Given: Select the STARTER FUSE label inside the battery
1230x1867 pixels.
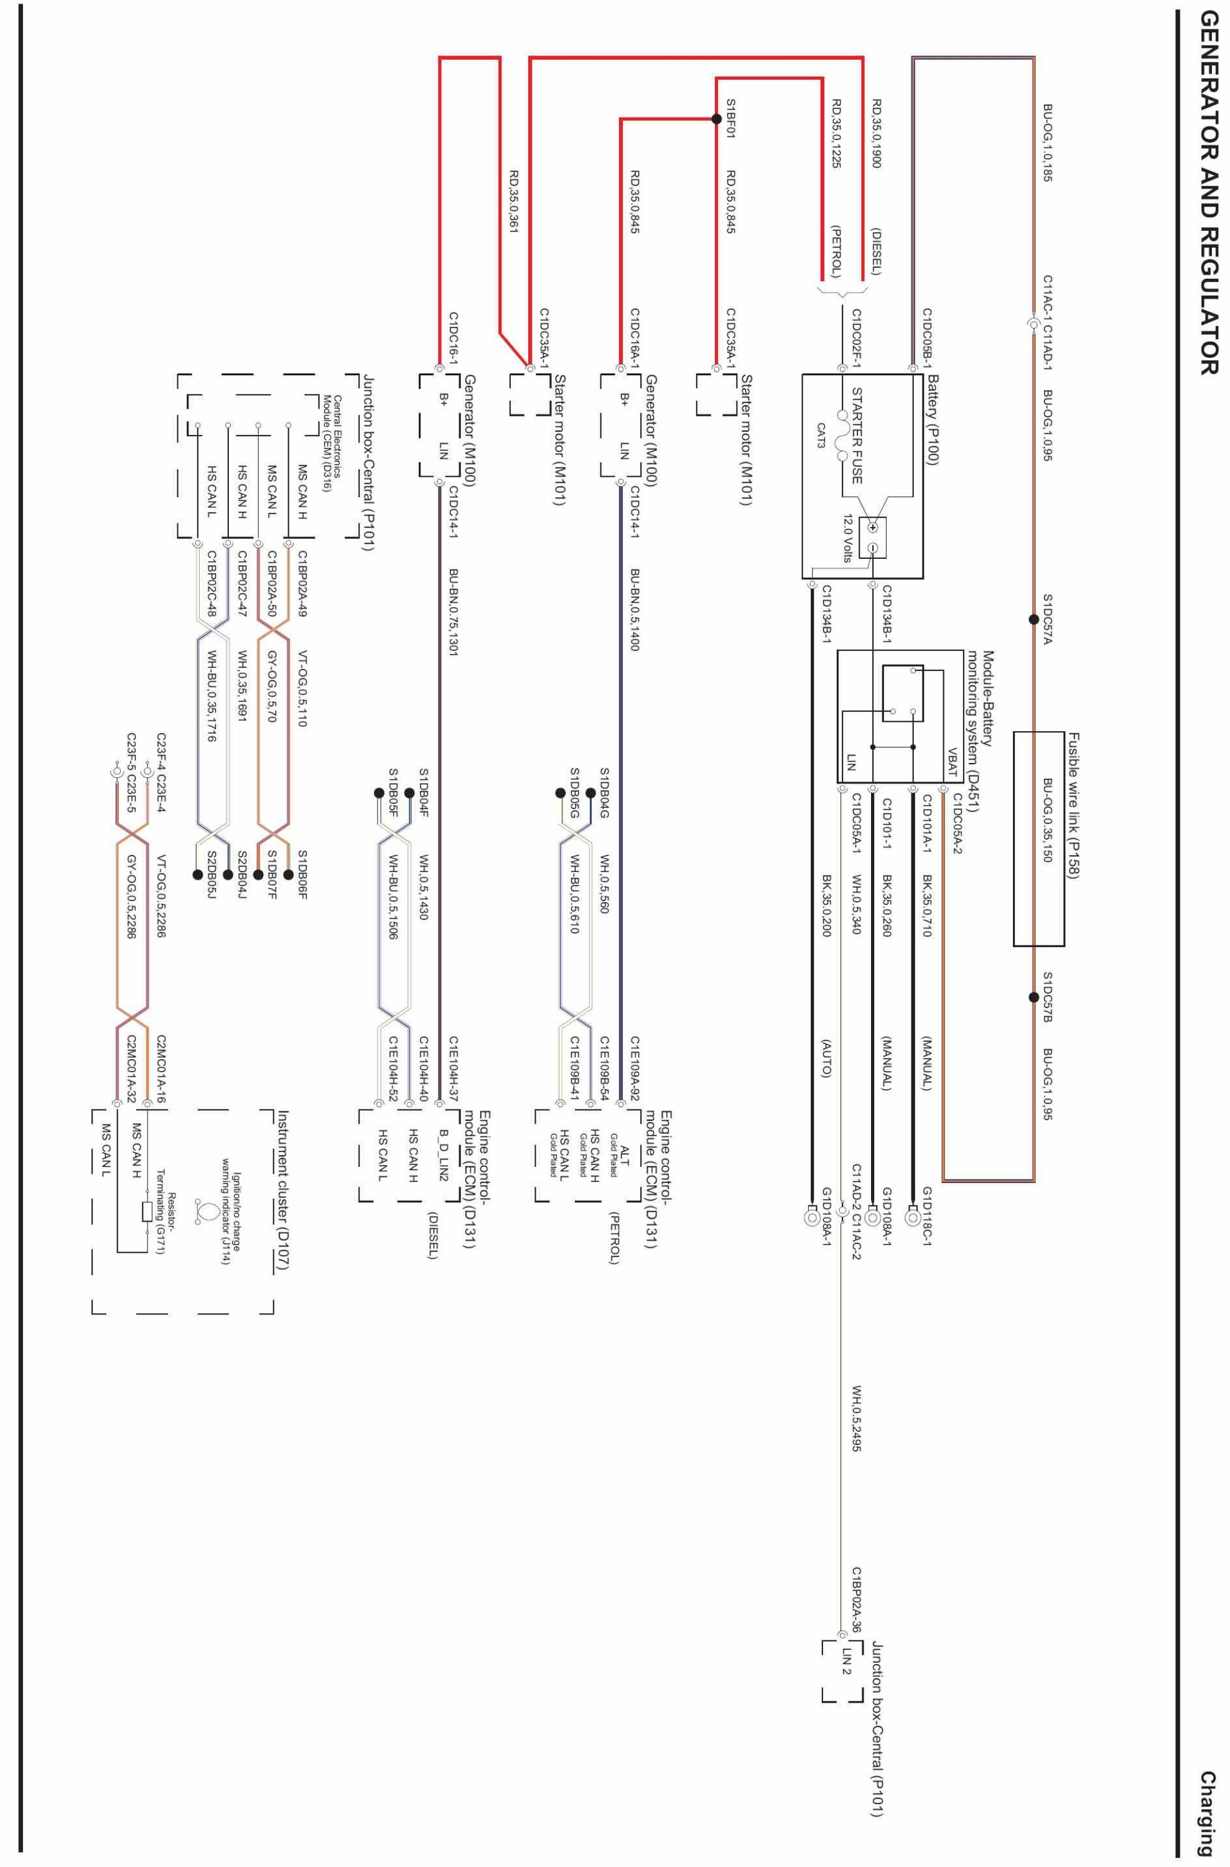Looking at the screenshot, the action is coord(857,436).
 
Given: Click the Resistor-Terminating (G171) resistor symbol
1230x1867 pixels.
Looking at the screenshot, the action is coord(147,1212).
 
